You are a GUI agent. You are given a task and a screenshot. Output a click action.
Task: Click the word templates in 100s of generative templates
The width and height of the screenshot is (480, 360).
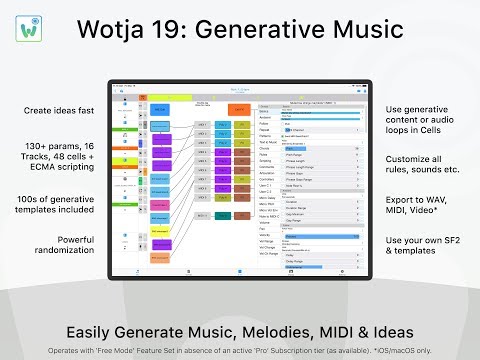[47, 212]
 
